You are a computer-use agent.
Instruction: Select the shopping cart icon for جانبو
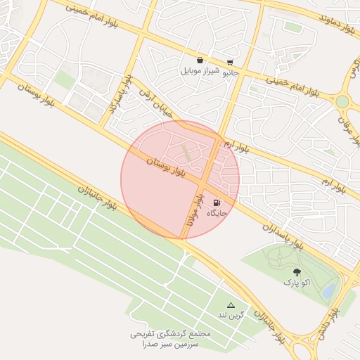pyautogui.click(x=230, y=63)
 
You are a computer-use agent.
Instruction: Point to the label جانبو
pyautogui.click(x=231, y=72)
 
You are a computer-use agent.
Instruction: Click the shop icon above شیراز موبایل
pyautogui.click(x=200, y=60)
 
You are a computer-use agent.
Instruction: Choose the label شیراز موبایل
pyautogui.click(x=200, y=70)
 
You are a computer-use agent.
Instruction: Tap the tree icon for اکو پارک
pyautogui.click(x=296, y=272)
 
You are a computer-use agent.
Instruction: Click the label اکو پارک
pyautogui.click(x=296, y=282)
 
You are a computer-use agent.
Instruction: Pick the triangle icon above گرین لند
pyautogui.click(x=231, y=304)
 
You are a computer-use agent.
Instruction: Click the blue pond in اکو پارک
pyautogui.click(x=328, y=290)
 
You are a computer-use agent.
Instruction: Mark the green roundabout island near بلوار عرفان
pyautogui.click(x=342, y=102)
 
